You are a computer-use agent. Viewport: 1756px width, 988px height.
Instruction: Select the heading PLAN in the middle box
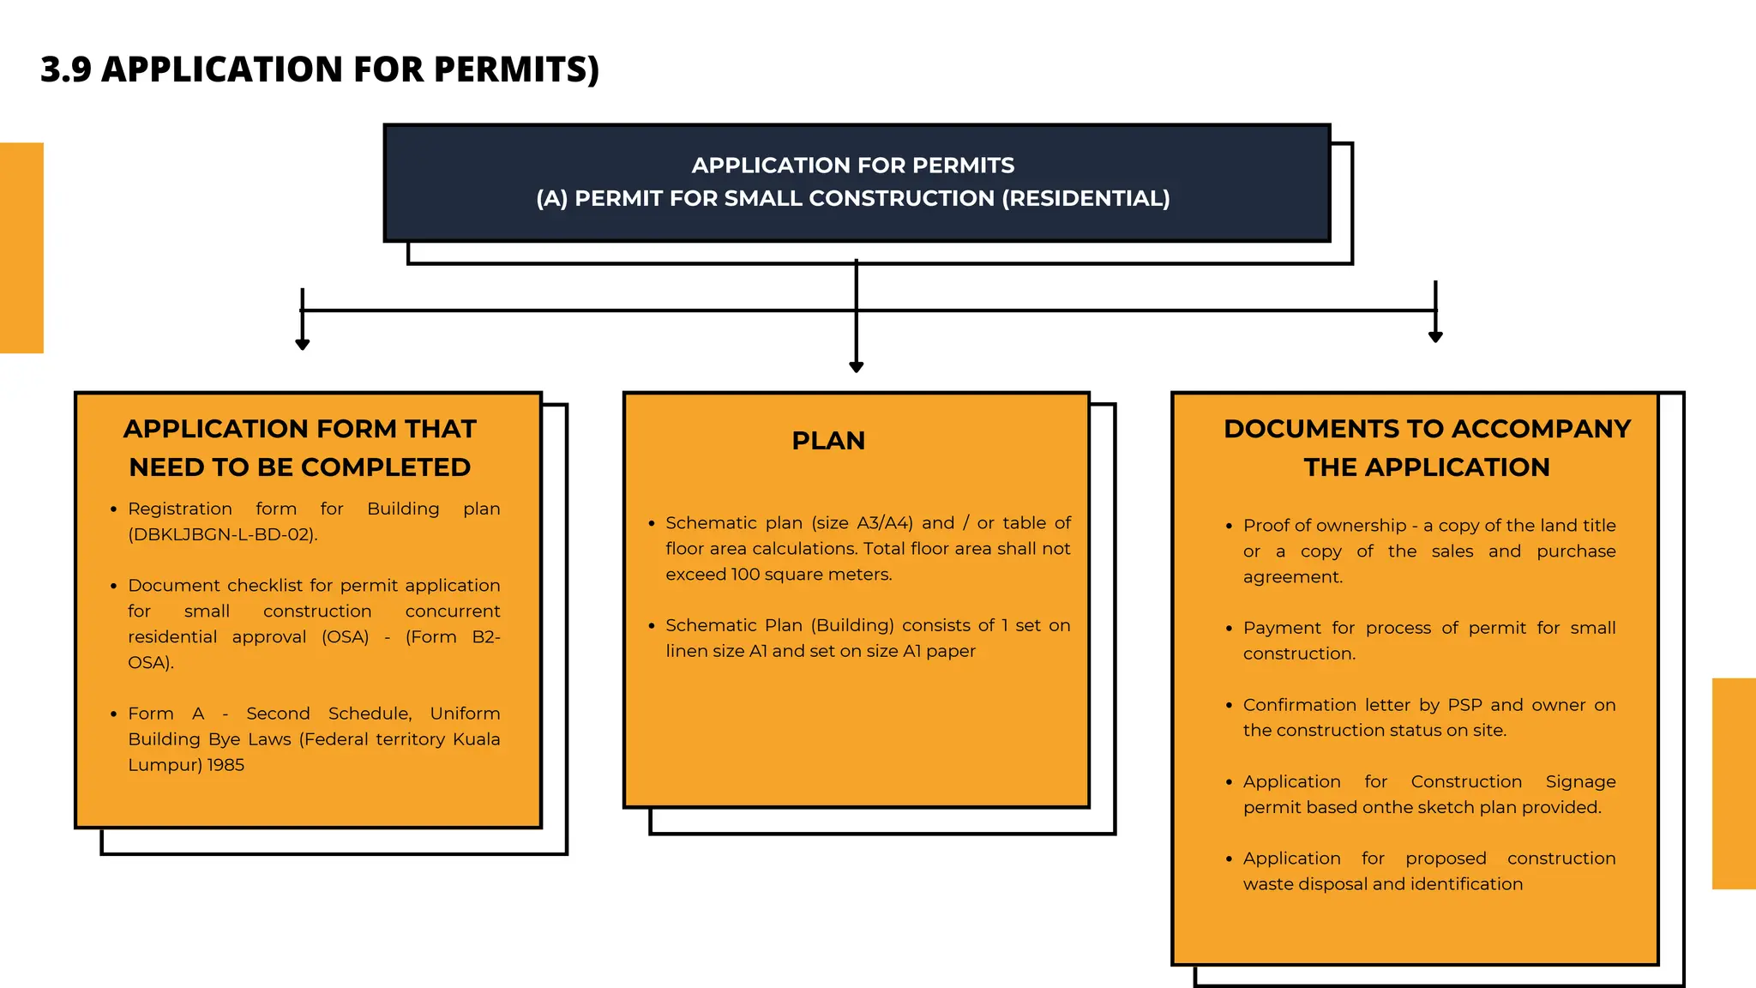[x=828, y=441]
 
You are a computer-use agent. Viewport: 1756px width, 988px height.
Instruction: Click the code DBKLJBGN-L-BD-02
[x=222, y=534]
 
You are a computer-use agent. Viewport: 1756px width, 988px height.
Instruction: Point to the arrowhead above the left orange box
[x=303, y=344]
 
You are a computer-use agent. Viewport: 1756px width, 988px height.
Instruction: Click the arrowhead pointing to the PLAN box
[x=856, y=366]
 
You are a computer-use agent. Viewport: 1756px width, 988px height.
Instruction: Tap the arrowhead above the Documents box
[x=1435, y=337]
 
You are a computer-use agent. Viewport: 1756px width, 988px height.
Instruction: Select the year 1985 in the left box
[x=226, y=765]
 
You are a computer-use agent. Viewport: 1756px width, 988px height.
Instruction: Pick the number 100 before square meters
[x=745, y=575]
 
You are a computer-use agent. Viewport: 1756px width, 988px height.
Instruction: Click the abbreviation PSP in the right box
[x=1464, y=705]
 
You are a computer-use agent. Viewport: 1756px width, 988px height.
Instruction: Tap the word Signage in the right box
[x=1580, y=782]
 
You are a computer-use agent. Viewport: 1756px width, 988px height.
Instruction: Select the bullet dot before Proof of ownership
[x=1229, y=526]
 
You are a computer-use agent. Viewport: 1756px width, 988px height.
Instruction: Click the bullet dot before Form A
[x=113, y=714]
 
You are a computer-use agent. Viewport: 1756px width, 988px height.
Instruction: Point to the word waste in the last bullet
[x=1269, y=884]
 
